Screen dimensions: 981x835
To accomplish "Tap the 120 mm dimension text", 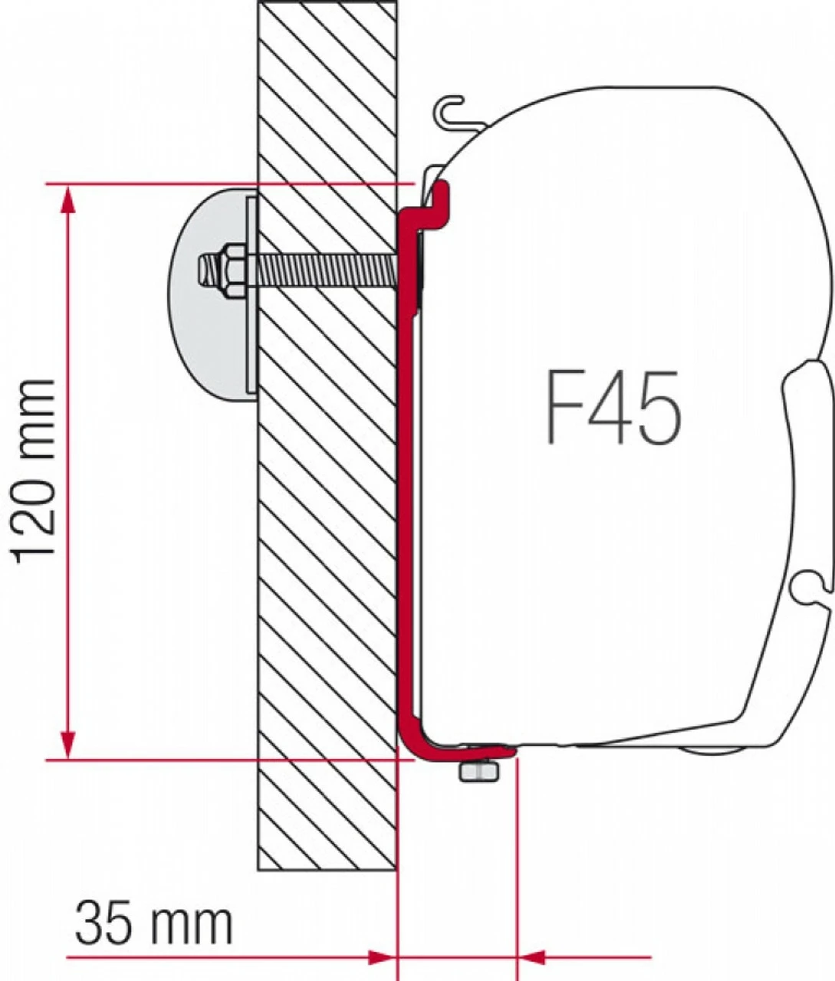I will coord(35,470).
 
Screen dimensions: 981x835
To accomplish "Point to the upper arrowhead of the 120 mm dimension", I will coord(68,200).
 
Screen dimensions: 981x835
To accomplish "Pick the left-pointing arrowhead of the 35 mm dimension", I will coord(534,956).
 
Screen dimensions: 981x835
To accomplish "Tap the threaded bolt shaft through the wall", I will coord(322,269).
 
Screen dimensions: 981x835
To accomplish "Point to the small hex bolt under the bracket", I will coord(478,771).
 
